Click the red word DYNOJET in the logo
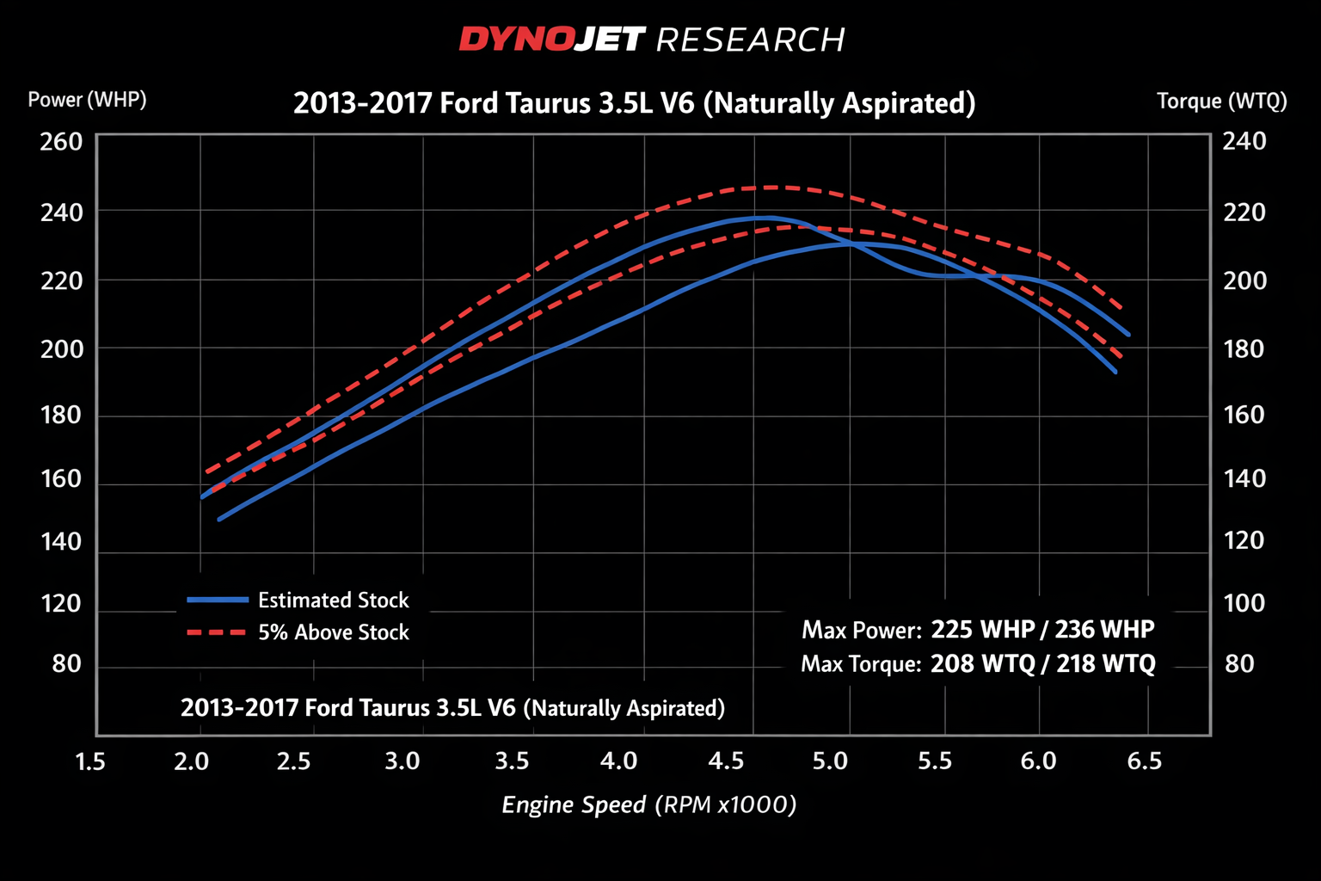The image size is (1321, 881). pyautogui.click(x=550, y=40)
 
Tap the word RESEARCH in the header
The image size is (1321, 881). pyautogui.click(x=750, y=40)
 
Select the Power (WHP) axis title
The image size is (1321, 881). pyautogui.click(x=87, y=100)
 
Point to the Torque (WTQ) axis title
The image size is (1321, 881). pyautogui.click(x=1221, y=102)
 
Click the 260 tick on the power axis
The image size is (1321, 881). pyautogui.click(x=61, y=142)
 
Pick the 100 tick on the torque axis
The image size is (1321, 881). pyautogui.click(x=1244, y=603)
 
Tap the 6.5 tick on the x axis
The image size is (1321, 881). pyautogui.click(x=1144, y=761)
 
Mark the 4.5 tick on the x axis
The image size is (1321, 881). pyautogui.click(x=726, y=761)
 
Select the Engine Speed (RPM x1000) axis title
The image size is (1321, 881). pyautogui.click(x=649, y=805)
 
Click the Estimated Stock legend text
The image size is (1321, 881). pyautogui.click(x=334, y=601)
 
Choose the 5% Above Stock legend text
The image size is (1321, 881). pyautogui.click(x=334, y=632)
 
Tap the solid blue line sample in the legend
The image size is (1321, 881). pyautogui.click(x=218, y=600)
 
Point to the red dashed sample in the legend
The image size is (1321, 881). pyautogui.click(x=218, y=632)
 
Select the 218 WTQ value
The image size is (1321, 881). pyautogui.click(x=1106, y=664)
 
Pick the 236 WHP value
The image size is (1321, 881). pyautogui.click(x=1104, y=630)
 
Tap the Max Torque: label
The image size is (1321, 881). pyautogui.click(x=861, y=664)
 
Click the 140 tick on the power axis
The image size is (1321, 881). pyautogui.click(x=61, y=541)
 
